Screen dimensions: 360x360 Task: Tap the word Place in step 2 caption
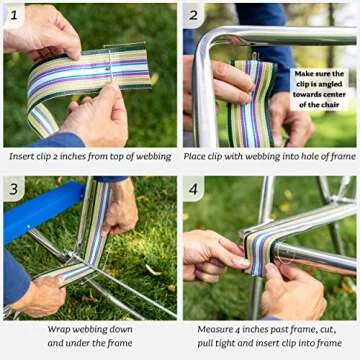pos(200,156)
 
